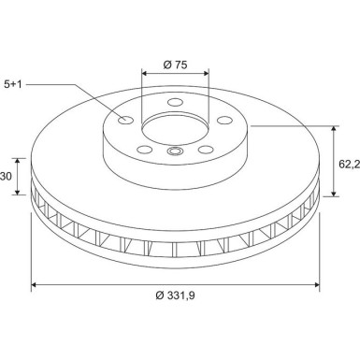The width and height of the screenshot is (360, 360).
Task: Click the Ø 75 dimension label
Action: (175, 65)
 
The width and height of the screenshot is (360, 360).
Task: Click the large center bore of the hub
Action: (176, 129)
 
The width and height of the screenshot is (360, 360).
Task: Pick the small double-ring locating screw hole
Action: (174, 151)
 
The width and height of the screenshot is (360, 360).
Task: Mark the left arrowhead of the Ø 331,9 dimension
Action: (35, 284)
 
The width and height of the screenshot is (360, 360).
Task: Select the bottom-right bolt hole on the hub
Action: (205, 148)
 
